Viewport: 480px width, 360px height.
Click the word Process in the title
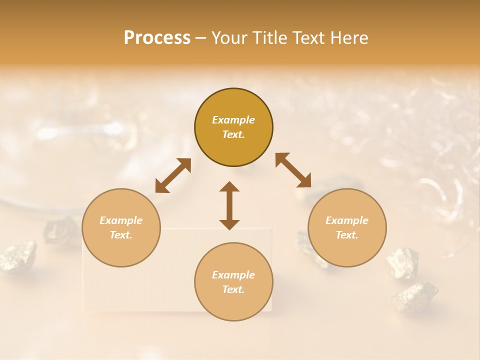[x=157, y=38]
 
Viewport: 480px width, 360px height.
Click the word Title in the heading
[x=268, y=38]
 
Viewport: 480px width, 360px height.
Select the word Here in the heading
[x=348, y=38]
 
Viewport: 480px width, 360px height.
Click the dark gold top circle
[x=233, y=127]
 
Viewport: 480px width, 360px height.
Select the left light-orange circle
[x=121, y=228]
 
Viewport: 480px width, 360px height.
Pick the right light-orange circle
[x=347, y=228]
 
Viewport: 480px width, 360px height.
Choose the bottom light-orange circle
[x=233, y=282]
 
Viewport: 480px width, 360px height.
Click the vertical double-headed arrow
[x=229, y=205]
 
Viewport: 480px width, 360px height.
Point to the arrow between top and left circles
[x=173, y=175]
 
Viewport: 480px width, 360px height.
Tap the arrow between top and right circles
[x=293, y=170]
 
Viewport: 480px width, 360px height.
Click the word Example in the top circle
[x=233, y=120]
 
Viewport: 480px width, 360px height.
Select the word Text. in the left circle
[x=121, y=235]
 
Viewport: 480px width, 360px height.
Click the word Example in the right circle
[x=347, y=220]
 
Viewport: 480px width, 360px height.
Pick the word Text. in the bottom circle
[x=233, y=289]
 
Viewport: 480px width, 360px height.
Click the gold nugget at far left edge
[x=18, y=255]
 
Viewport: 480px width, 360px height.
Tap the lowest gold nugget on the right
[x=414, y=296]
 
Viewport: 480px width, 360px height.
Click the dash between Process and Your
[x=200, y=38]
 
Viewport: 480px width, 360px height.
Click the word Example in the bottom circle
[x=233, y=275]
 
